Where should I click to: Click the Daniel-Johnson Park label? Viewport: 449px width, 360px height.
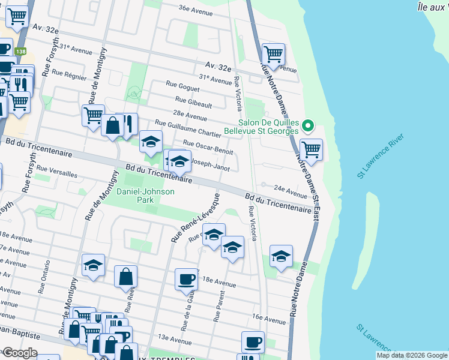click(x=145, y=196)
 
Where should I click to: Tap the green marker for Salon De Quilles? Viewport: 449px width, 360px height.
click(x=308, y=125)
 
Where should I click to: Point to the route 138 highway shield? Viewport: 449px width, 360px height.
click(x=21, y=52)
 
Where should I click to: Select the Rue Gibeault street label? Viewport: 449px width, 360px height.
click(x=194, y=101)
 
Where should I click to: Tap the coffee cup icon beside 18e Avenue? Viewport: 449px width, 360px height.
click(x=186, y=278)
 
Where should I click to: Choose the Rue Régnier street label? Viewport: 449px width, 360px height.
click(x=69, y=74)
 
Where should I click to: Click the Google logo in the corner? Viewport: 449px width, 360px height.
click(x=19, y=353)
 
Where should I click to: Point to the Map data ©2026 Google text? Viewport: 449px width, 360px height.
click(x=411, y=355)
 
